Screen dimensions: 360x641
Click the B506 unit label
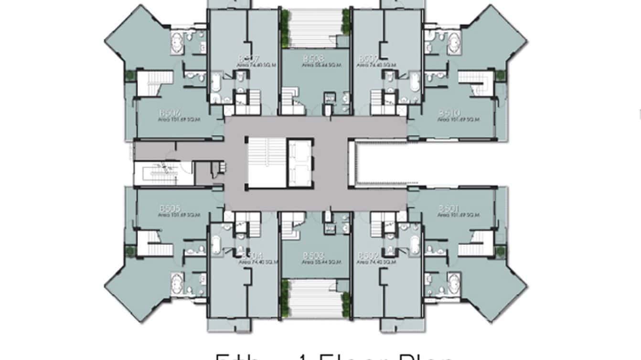coord(169,113)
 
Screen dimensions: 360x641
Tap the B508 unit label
coord(313,59)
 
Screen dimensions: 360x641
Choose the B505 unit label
coord(170,209)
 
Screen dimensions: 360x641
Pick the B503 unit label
coord(313,256)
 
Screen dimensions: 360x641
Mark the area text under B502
coord(379,262)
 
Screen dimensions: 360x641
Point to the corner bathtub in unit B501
coord(453,284)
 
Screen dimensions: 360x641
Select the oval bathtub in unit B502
coord(416,245)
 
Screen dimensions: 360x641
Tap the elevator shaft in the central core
coord(300,162)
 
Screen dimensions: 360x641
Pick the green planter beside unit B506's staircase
coord(129,75)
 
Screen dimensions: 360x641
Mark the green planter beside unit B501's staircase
coord(500,251)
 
